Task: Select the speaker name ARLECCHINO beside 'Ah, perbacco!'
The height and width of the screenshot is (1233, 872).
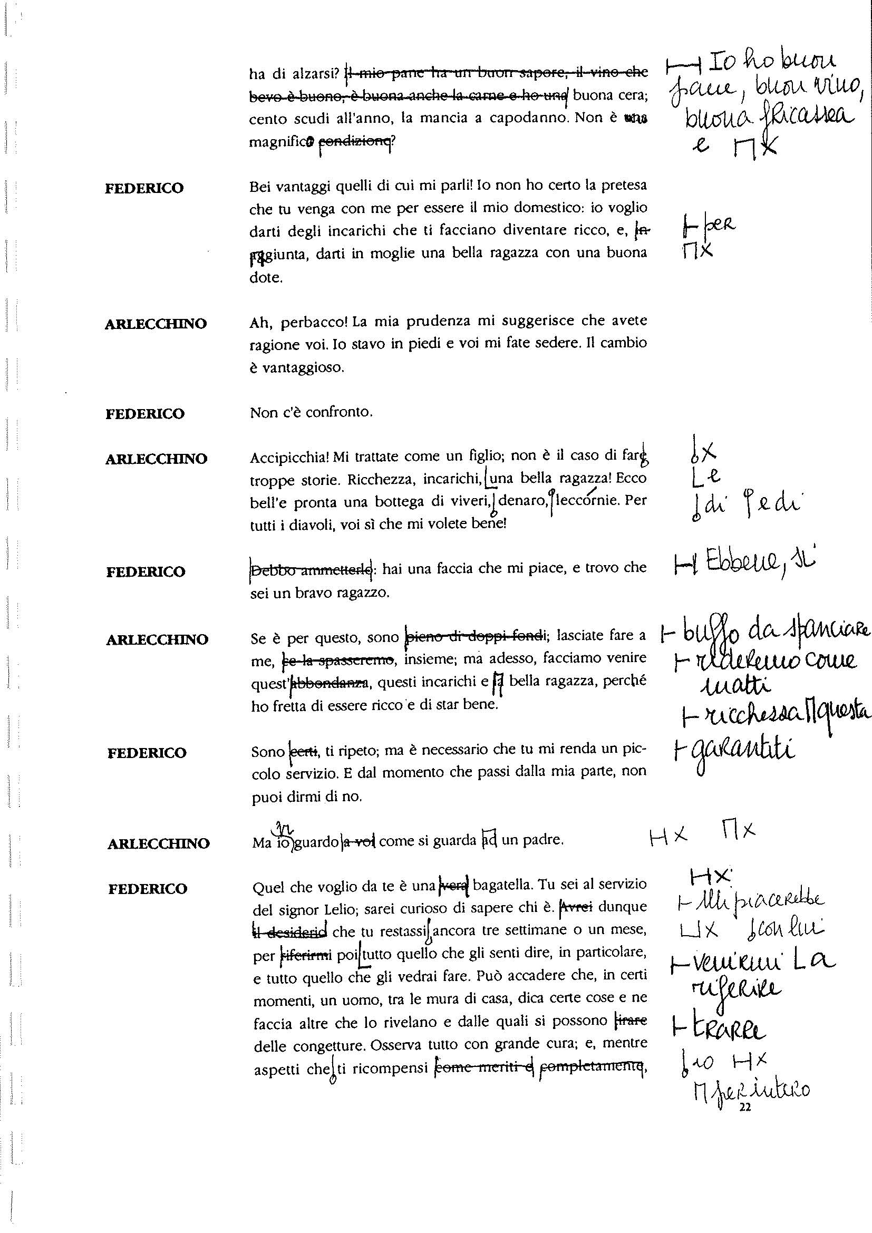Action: point(156,324)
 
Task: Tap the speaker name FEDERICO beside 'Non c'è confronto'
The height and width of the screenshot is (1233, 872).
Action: point(144,414)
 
